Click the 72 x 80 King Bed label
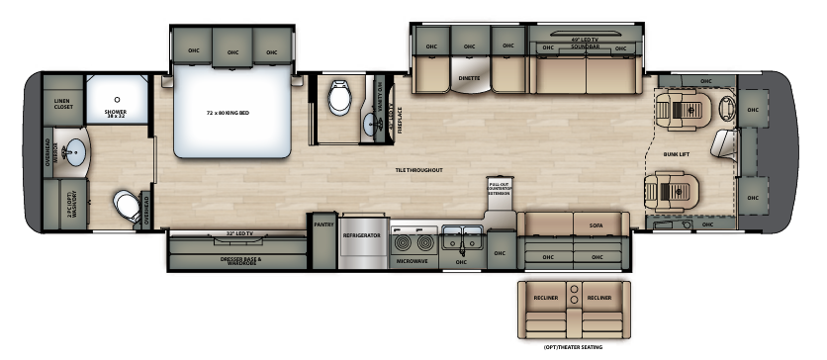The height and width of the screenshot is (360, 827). point(228,113)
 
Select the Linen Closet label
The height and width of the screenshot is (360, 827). point(63,104)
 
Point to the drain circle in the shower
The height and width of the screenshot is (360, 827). point(114,100)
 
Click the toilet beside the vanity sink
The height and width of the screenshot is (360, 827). point(341,98)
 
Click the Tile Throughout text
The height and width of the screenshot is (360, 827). point(417,170)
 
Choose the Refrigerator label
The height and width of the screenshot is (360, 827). point(362,236)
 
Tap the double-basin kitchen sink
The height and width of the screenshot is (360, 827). point(461,236)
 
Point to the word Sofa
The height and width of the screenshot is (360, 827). point(596,226)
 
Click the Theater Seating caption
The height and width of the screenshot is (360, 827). point(572,346)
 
